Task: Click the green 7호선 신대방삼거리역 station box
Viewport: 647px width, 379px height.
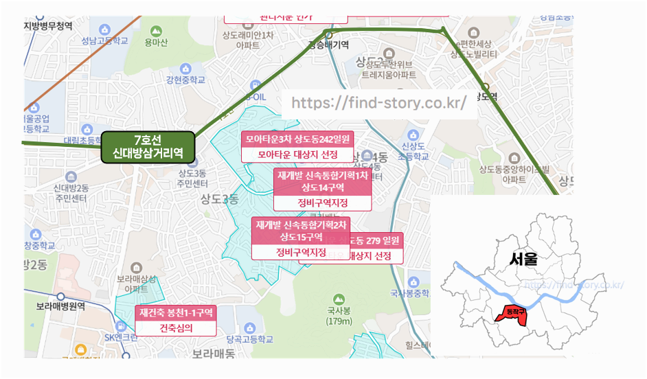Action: pyautogui.click(x=148, y=146)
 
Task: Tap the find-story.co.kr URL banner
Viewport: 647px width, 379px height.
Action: pyautogui.click(x=379, y=103)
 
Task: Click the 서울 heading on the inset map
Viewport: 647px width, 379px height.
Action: pyautogui.click(x=524, y=259)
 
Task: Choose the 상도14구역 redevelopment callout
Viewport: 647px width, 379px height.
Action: pyautogui.click(x=322, y=181)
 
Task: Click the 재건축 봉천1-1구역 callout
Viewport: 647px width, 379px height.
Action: pyautogui.click(x=177, y=312)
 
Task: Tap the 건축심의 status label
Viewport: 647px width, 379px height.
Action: pyautogui.click(x=177, y=328)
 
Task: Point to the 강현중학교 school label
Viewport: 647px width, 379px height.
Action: pyautogui.click(x=185, y=80)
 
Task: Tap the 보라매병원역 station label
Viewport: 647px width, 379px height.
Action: pyautogui.click(x=60, y=306)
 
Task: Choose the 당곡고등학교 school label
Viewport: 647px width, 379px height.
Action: pyautogui.click(x=249, y=339)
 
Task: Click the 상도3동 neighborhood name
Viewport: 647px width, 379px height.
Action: pyautogui.click(x=219, y=200)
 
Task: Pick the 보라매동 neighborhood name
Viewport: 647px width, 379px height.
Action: pyautogui.click(x=213, y=354)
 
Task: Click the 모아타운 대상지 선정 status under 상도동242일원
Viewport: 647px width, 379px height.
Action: pyautogui.click(x=297, y=154)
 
